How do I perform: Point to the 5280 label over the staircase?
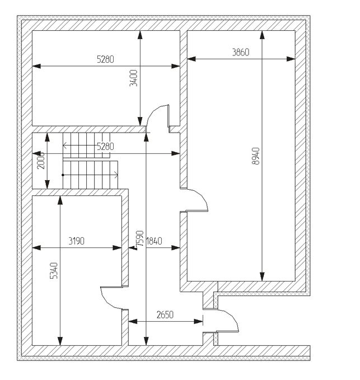(x=105, y=147)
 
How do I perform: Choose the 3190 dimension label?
(x=76, y=242)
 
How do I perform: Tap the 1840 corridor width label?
(x=154, y=242)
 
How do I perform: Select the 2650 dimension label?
(x=165, y=315)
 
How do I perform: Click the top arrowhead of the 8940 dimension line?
(x=262, y=35)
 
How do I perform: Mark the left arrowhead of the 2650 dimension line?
(x=132, y=321)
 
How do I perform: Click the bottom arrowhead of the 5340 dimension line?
(x=60, y=341)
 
